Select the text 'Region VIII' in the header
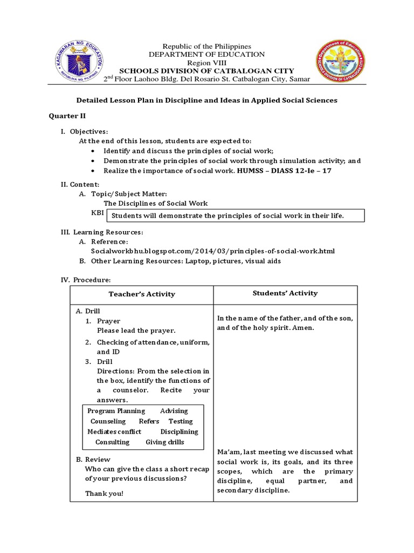[208, 63]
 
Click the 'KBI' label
[98, 213]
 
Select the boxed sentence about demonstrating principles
[235, 216]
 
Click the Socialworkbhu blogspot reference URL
[213, 251]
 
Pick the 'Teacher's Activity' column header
[142, 294]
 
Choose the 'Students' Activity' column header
[285, 293]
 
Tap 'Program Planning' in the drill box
[116, 411]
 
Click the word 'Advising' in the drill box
[174, 411]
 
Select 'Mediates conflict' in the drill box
[114, 431]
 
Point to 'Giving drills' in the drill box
[165, 442]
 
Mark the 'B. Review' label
[93, 459]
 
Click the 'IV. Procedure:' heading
[85, 280]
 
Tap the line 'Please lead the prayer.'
[136, 331]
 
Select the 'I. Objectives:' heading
[84, 132]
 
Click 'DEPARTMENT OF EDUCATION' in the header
[208, 55]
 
